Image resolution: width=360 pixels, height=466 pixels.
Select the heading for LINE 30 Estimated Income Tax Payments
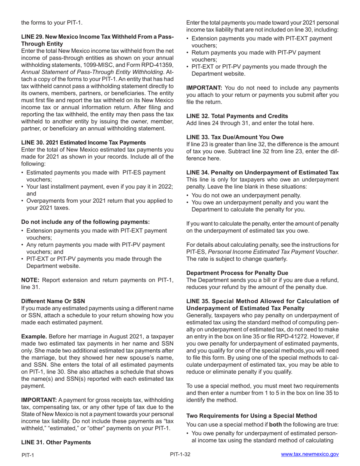tap(83, 142)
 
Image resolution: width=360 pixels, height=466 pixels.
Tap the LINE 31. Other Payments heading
tap(56, 442)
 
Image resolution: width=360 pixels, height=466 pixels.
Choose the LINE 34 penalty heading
tap(262, 172)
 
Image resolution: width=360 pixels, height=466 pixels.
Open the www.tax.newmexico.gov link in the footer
tap(310, 454)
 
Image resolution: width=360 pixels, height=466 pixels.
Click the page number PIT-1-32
tap(180, 454)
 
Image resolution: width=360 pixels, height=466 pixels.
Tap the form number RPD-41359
tap(157, 65)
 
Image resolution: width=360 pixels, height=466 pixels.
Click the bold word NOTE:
tap(30, 280)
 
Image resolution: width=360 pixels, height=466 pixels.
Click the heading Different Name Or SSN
tap(53, 301)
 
